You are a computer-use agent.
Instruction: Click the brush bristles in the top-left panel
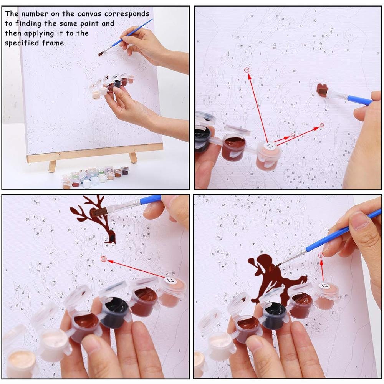(102, 53)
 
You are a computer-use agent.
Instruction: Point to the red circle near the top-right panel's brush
(322, 125)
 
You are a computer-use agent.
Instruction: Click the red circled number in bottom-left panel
(103, 259)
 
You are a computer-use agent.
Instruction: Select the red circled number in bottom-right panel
(320, 255)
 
